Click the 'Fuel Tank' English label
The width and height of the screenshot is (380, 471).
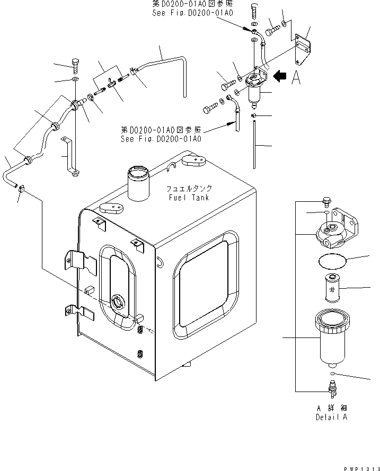tap(189, 198)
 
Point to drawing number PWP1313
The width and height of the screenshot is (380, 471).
tap(361, 466)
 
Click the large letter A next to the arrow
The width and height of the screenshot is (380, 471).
tap(296, 78)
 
